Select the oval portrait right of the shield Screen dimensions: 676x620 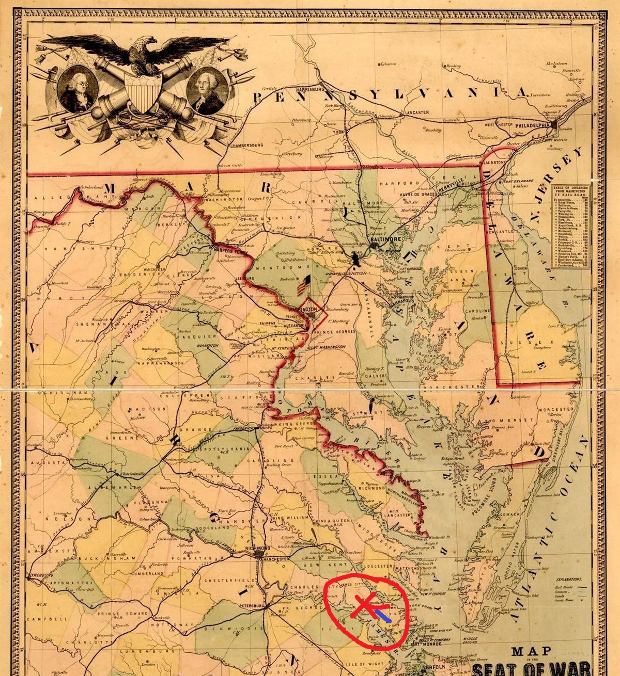(207, 91)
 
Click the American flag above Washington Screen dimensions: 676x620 (304, 285)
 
